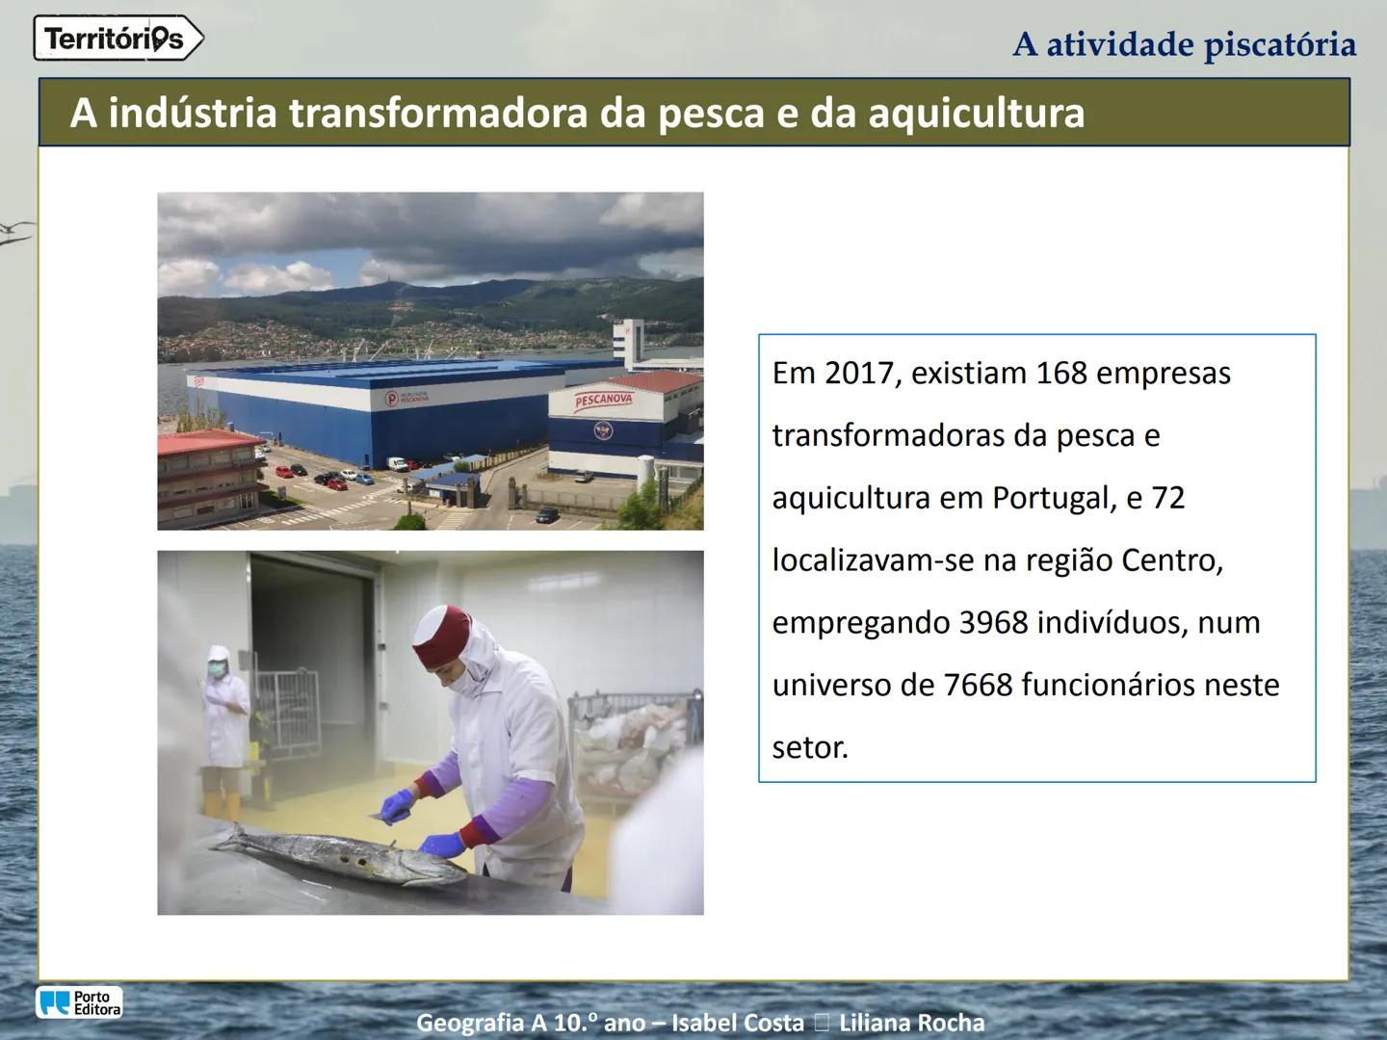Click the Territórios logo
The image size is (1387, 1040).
pyautogui.click(x=118, y=39)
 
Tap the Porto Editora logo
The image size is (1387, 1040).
pyautogui.click(x=80, y=1002)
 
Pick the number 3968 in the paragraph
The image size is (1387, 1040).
pyautogui.click(x=993, y=623)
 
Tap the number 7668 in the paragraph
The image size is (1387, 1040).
pyautogui.click(x=978, y=686)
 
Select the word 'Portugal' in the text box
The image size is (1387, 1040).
pyautogui.click(x=1053, y=499)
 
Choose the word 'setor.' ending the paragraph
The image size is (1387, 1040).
pyautogui.click(x=810, y=748)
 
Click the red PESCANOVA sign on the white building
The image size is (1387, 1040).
pyautogui.click(x=604, y=401)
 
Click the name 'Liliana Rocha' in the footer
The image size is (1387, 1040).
pyautogui.click(x=911, y=1023)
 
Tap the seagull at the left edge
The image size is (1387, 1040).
pyautogui.click(x=15, y=231)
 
